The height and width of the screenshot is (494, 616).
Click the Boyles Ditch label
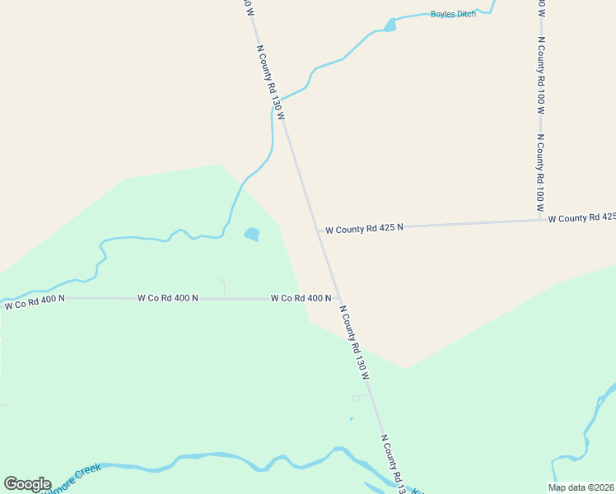pos(453,14)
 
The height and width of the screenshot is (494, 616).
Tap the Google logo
pos(27,484)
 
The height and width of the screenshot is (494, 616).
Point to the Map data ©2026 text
pos(581,487)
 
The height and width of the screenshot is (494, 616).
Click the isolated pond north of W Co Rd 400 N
pos(252,235)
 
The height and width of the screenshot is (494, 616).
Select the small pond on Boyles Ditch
pos(390,26)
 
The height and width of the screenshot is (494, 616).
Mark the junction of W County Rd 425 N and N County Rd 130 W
pos(318,230)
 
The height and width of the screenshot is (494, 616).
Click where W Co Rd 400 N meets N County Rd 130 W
pos(338,299)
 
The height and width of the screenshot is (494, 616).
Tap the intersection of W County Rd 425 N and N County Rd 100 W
pos(541,220)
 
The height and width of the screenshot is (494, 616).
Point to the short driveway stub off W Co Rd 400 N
pos(223,287)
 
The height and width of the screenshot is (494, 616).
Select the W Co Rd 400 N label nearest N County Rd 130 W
pos(301,298)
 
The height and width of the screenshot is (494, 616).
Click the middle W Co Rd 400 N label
pos(168,298)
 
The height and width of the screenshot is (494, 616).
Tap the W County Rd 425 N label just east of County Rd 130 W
pos(364,228)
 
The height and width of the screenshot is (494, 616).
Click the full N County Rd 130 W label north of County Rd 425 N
pos(271,82)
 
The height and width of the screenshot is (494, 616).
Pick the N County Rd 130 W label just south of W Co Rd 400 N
pos(355,342)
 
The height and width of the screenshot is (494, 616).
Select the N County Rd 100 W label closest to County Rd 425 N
pos(540,175)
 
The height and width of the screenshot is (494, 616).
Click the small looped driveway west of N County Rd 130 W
pos(360,398)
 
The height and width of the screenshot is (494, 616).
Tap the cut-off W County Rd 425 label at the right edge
pos(581,218)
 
